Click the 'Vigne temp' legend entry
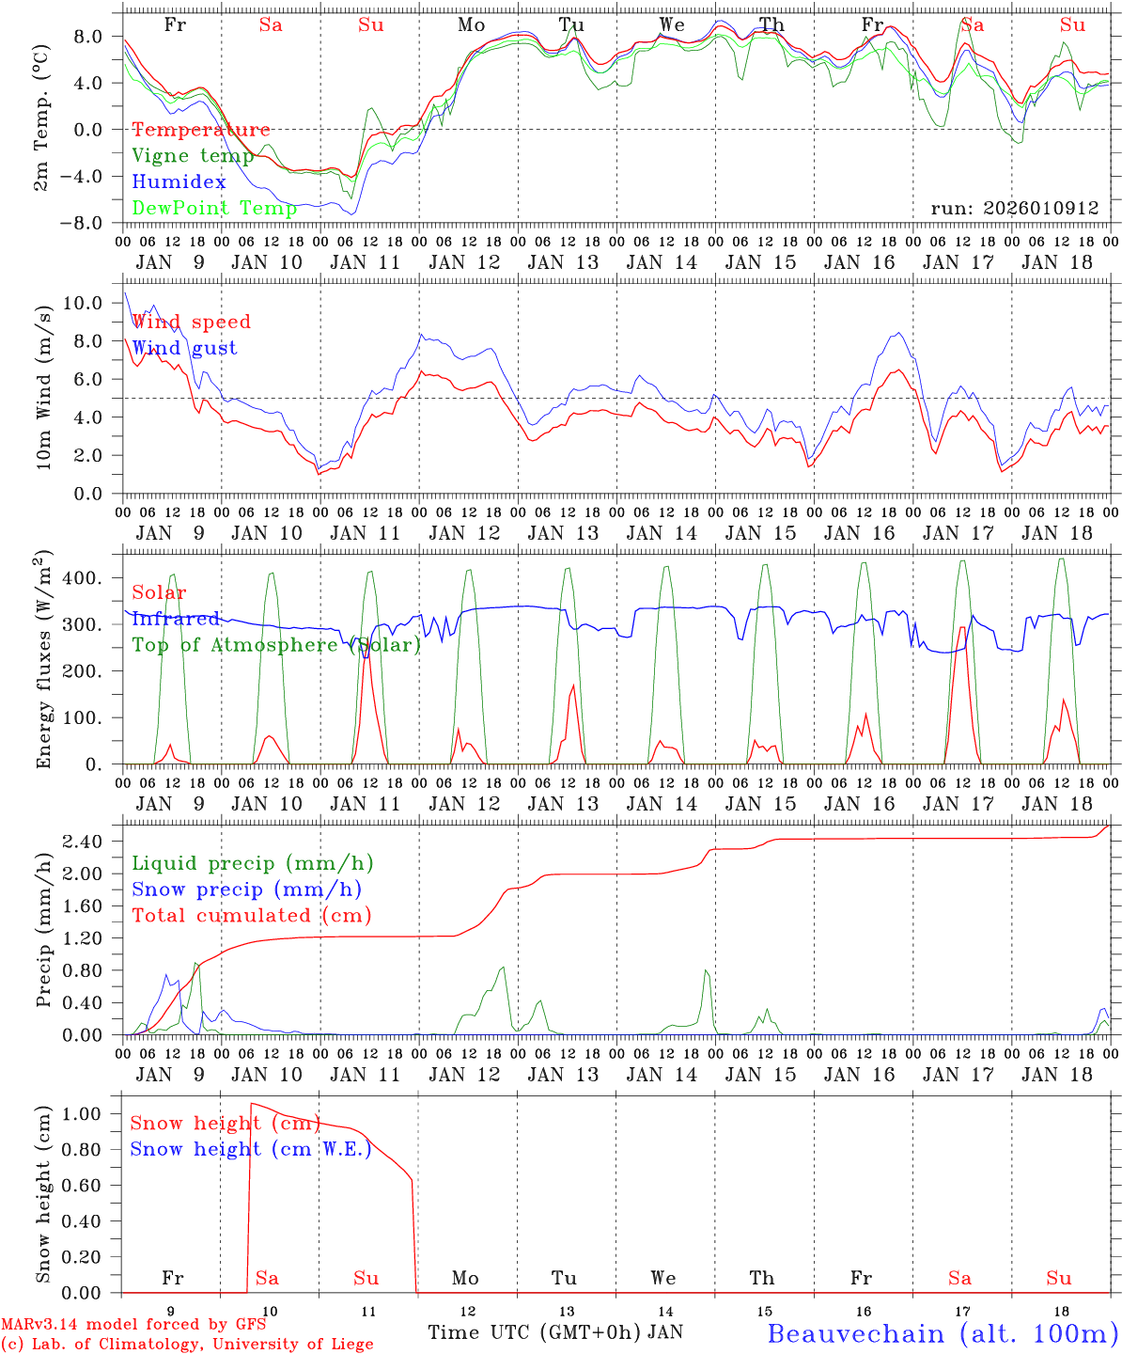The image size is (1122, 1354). pos(193,156)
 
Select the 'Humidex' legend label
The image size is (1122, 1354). pos(179,182)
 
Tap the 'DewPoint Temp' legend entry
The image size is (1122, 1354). pos(214,208)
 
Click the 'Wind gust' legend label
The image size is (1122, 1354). pos(184,348)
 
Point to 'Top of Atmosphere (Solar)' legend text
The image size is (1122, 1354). pos(276,645)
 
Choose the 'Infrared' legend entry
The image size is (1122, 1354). pos(176,619)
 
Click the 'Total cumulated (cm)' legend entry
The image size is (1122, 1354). pos(252,915)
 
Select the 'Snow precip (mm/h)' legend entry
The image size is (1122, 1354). pos(247,890)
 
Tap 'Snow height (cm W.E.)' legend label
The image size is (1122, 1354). pos(251,1149)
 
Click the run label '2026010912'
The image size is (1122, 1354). pos(1014,208)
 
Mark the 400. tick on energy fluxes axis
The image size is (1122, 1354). pos(93,577)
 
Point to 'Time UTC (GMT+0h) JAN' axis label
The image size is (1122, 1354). pos(555,1332)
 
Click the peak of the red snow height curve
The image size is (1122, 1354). pos(251,1103)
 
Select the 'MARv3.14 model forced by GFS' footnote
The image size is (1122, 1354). pos(133,1325)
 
